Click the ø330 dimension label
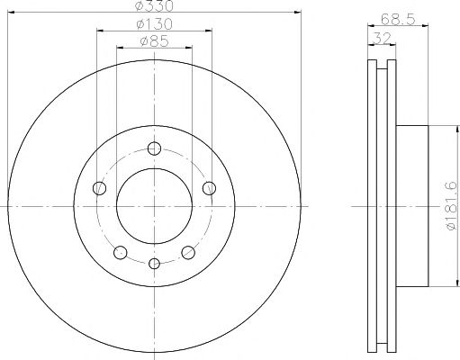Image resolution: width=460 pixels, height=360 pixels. (x=154, y=5)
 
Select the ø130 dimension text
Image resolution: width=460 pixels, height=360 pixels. (x=154, y=24)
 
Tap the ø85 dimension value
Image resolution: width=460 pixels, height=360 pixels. (x=154, y=41)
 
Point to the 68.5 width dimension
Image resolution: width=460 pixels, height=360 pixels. (x=398, y=20)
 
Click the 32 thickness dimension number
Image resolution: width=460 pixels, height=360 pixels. (x=382, y=38)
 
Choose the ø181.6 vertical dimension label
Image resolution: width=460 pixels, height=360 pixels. (x=452, y=206)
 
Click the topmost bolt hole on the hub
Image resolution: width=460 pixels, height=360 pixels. (x=154, y=148)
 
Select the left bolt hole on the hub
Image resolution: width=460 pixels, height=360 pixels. (x=99, y=188)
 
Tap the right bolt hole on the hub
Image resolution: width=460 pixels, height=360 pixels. (x=209, y=188)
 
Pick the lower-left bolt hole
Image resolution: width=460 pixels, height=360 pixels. (x=121, y=252)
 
